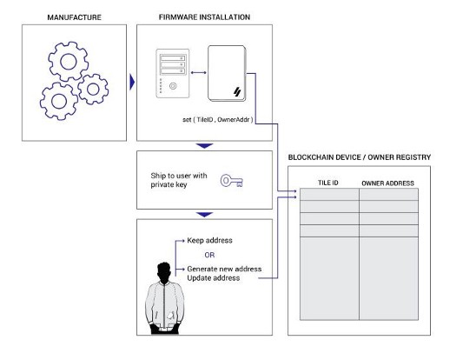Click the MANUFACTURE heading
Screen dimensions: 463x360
point(74,17)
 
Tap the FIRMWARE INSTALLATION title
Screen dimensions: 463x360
point(204,17)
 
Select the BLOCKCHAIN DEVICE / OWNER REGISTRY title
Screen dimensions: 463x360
point(360,157)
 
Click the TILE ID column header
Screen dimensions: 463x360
point(328,183)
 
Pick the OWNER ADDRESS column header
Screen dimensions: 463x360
point(387,183)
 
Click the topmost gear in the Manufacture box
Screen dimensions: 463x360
point(69,62)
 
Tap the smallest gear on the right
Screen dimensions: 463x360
point(93,89)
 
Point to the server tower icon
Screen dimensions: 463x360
point(173,73)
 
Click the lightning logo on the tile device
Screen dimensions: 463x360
point(237,91)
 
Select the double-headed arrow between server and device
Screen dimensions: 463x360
point(198,73)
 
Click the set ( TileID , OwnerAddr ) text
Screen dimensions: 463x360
point(218,120)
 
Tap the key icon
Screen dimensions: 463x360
point(232,181)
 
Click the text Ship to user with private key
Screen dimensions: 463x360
point(179,180)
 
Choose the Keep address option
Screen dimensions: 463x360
point(209,240)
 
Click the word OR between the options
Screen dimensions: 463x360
point(209,255)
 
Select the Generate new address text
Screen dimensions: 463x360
point(224,269)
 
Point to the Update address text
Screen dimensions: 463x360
point(213,278)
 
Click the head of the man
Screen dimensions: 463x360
point(164,273)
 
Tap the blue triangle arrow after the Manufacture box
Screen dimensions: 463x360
point(132,82)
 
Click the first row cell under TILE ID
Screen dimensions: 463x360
point(329,195)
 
